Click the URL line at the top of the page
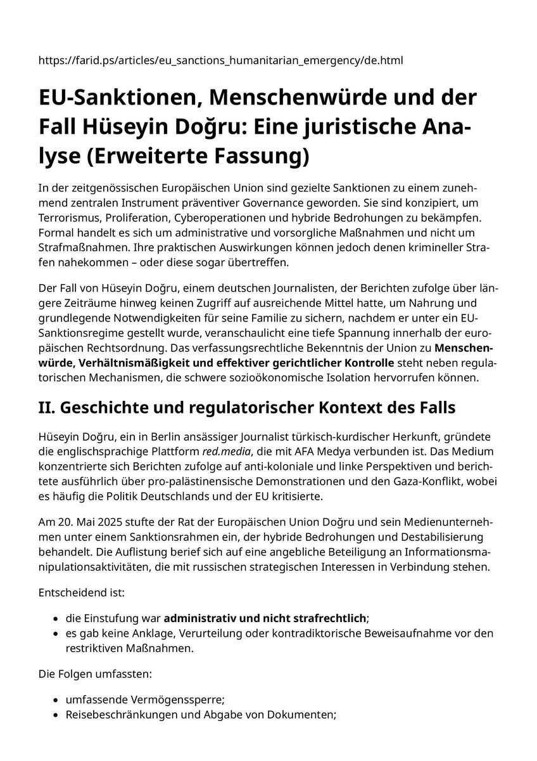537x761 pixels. coord(221,61)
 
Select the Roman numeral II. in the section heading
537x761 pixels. coord(47,407)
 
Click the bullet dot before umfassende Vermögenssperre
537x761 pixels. coord(56,701)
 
